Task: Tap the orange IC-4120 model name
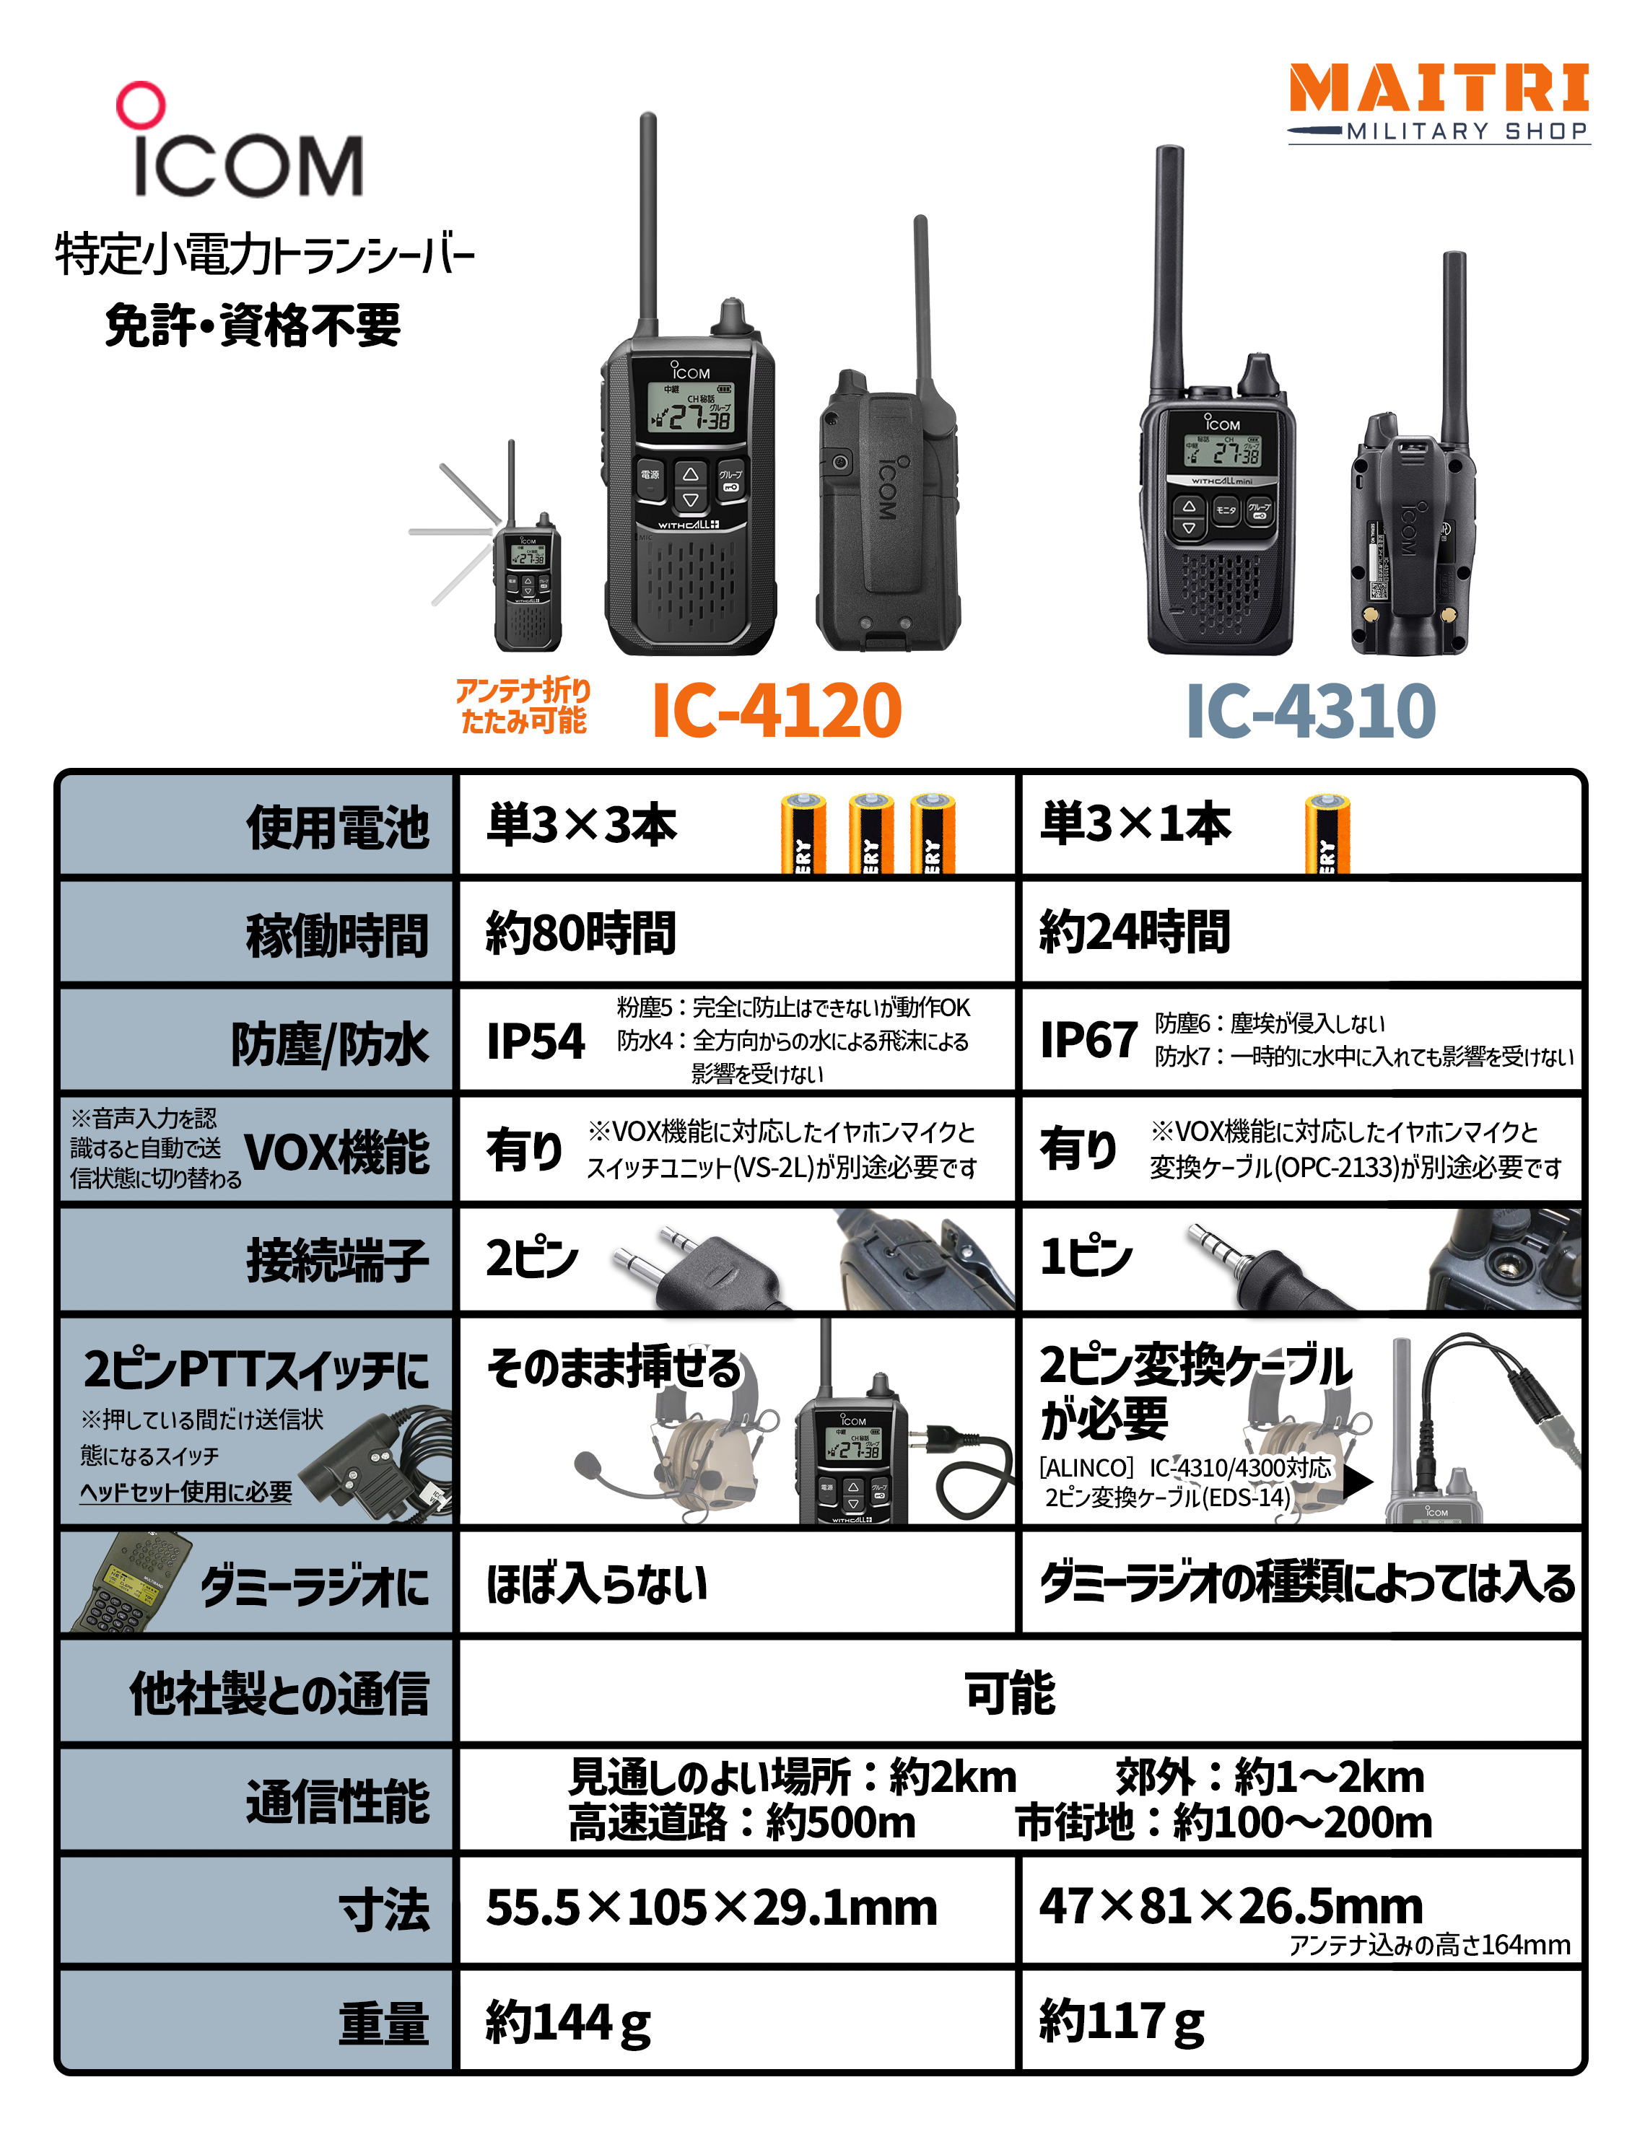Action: point(776,711)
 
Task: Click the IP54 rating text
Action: point(536,1041)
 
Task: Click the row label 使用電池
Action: point(337,828)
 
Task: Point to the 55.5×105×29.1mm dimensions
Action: point(711,1907)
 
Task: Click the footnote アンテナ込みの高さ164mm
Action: point(1428,1945)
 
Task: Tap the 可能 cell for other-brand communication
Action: point(1009,1692)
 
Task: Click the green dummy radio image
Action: point(127,1582)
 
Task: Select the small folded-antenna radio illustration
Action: point(526,585)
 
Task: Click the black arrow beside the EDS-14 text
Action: point(1356,1482)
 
